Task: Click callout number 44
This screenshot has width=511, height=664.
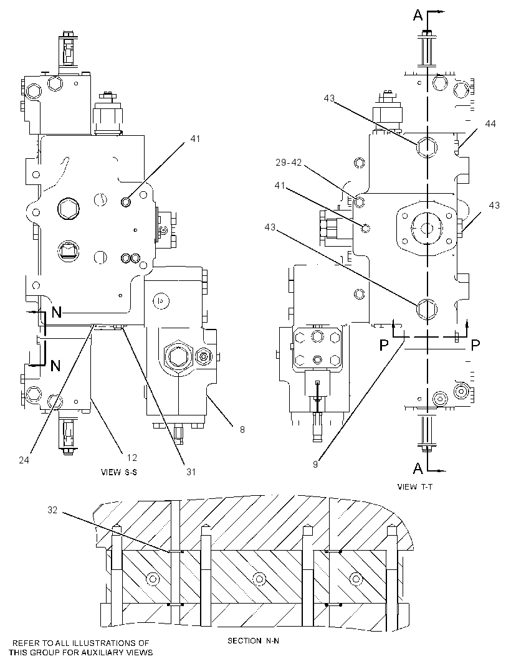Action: [490, 124]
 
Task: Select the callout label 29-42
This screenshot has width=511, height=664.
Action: [289, 162]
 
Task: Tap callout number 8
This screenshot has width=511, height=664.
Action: [242, 429]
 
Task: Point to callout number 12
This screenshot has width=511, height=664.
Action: [131, 457]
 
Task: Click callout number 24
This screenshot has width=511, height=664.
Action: [24, 460]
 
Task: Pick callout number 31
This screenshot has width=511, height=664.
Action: [191, 472]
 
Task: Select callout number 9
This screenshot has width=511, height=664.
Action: [315, 464]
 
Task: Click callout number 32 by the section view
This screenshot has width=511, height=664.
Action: [52, 510]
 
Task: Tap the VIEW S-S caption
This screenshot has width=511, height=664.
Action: [118, 472]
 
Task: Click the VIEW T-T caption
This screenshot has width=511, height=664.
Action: [415, 486]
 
